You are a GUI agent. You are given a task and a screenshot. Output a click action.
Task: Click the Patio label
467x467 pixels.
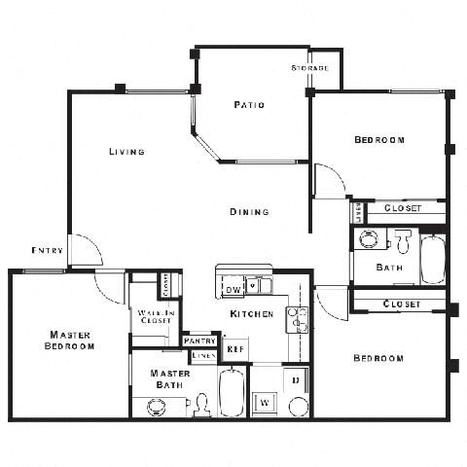coord(249,104)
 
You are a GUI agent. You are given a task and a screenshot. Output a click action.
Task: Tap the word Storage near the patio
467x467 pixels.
coord(309,68)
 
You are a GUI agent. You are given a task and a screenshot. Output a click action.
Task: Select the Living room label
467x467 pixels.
coord(126,152)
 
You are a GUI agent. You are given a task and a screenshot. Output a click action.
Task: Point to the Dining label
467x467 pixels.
coord(249,211)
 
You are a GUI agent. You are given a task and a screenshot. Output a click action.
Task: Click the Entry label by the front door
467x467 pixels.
coord(48,250)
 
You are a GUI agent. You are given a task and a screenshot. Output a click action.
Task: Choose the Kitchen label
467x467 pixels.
coord(251,314)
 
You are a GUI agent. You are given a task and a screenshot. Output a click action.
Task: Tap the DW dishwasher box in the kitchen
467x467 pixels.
coord(233,289)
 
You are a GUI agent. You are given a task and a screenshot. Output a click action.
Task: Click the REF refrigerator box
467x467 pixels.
coord(234,347)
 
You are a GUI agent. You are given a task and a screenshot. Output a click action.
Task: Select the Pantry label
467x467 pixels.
coord(198,341)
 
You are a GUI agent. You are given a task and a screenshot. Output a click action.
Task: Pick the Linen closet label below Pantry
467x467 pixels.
coord(202,356)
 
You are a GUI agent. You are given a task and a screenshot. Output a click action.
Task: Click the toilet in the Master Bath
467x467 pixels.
coord(201,404)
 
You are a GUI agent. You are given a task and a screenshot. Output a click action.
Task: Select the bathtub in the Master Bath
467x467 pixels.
coord(233,392)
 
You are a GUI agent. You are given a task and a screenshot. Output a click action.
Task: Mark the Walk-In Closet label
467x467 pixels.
coord(155,315)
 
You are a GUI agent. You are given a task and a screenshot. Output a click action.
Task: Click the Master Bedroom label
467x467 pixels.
coord(71,340)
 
